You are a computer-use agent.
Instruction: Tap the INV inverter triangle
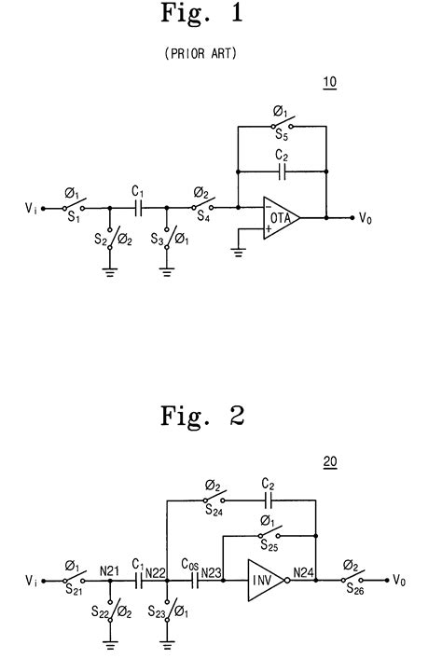pos(263,580)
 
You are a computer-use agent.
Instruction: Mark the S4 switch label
pos(204,220)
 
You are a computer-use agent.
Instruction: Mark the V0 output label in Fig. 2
pos(399,580)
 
